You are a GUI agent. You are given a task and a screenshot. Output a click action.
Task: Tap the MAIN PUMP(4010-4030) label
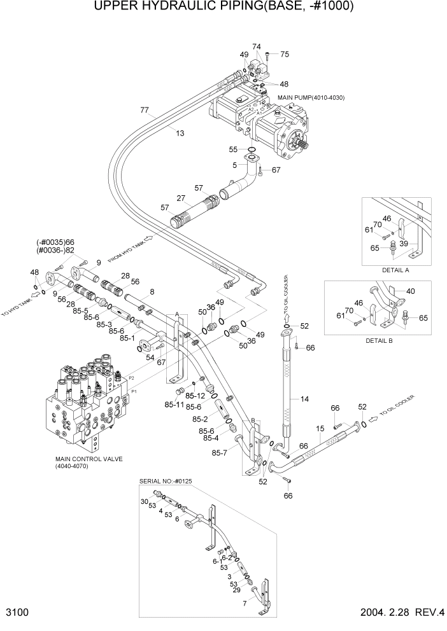tap(311, 97)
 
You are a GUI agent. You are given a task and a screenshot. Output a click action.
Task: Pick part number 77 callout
tap(145, 110)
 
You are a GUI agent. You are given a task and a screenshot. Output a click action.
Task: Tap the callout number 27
tap(181, 198)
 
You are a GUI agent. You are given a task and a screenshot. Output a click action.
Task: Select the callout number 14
tap(304, 399)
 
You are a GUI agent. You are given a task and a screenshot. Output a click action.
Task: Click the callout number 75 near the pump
tap(284, 55)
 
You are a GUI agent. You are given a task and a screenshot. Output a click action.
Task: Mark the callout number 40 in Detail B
tap(410, 291)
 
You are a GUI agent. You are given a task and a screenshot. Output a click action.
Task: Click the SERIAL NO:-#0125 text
tap(165, 481)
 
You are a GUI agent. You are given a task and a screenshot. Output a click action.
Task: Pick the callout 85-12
tap(195, 395)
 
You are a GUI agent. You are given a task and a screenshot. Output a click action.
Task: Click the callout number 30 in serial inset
tap(144, 501)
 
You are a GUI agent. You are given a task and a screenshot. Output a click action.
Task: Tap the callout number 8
tap(152, 292)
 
